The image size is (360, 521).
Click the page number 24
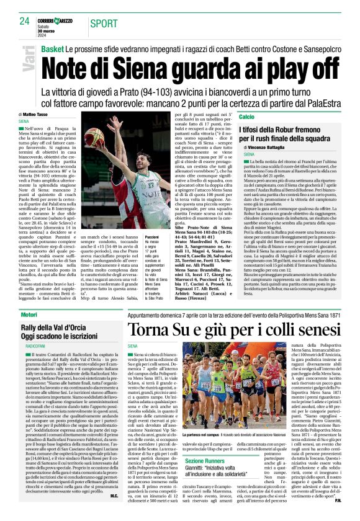pyautogui.click(x=24, y=21)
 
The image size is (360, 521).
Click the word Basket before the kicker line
pyautogui.click(x=53, y=48)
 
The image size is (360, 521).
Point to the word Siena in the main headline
pyautogui.click(x=155, y=65)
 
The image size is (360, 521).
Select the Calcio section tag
pyautogui.click(x=246, y=117)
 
